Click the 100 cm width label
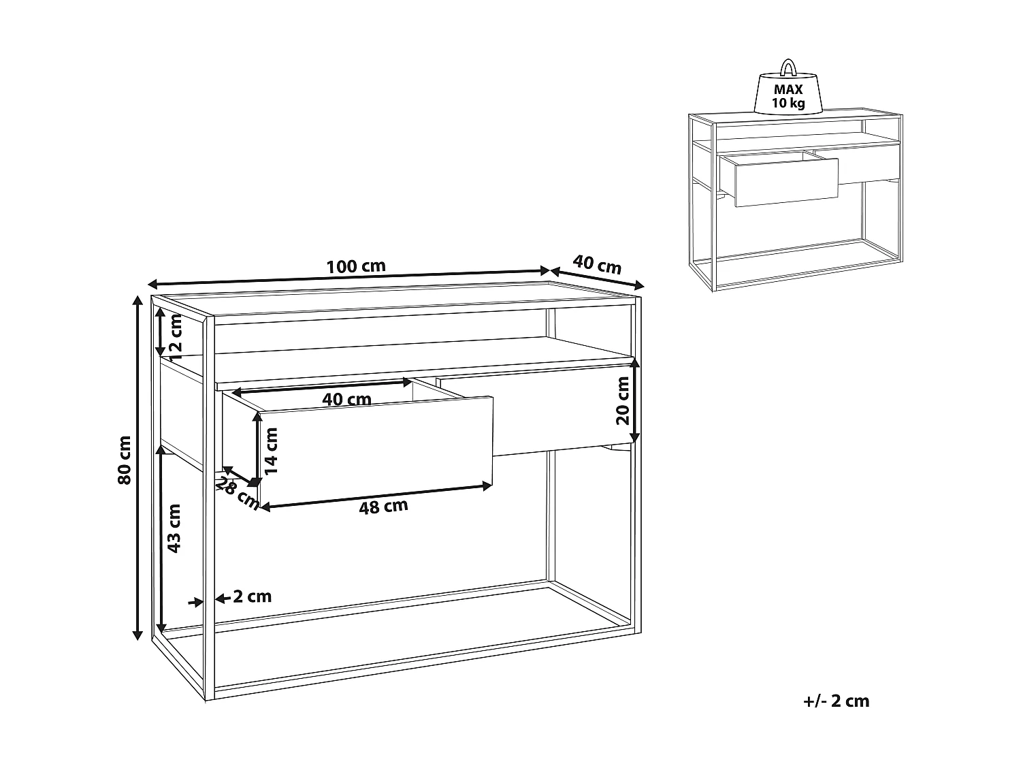355,266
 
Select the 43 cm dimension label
174,528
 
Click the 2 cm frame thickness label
252,597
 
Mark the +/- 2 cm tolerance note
836,701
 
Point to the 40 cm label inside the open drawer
346,400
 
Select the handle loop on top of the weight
788,68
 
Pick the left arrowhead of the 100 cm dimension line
153,284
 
